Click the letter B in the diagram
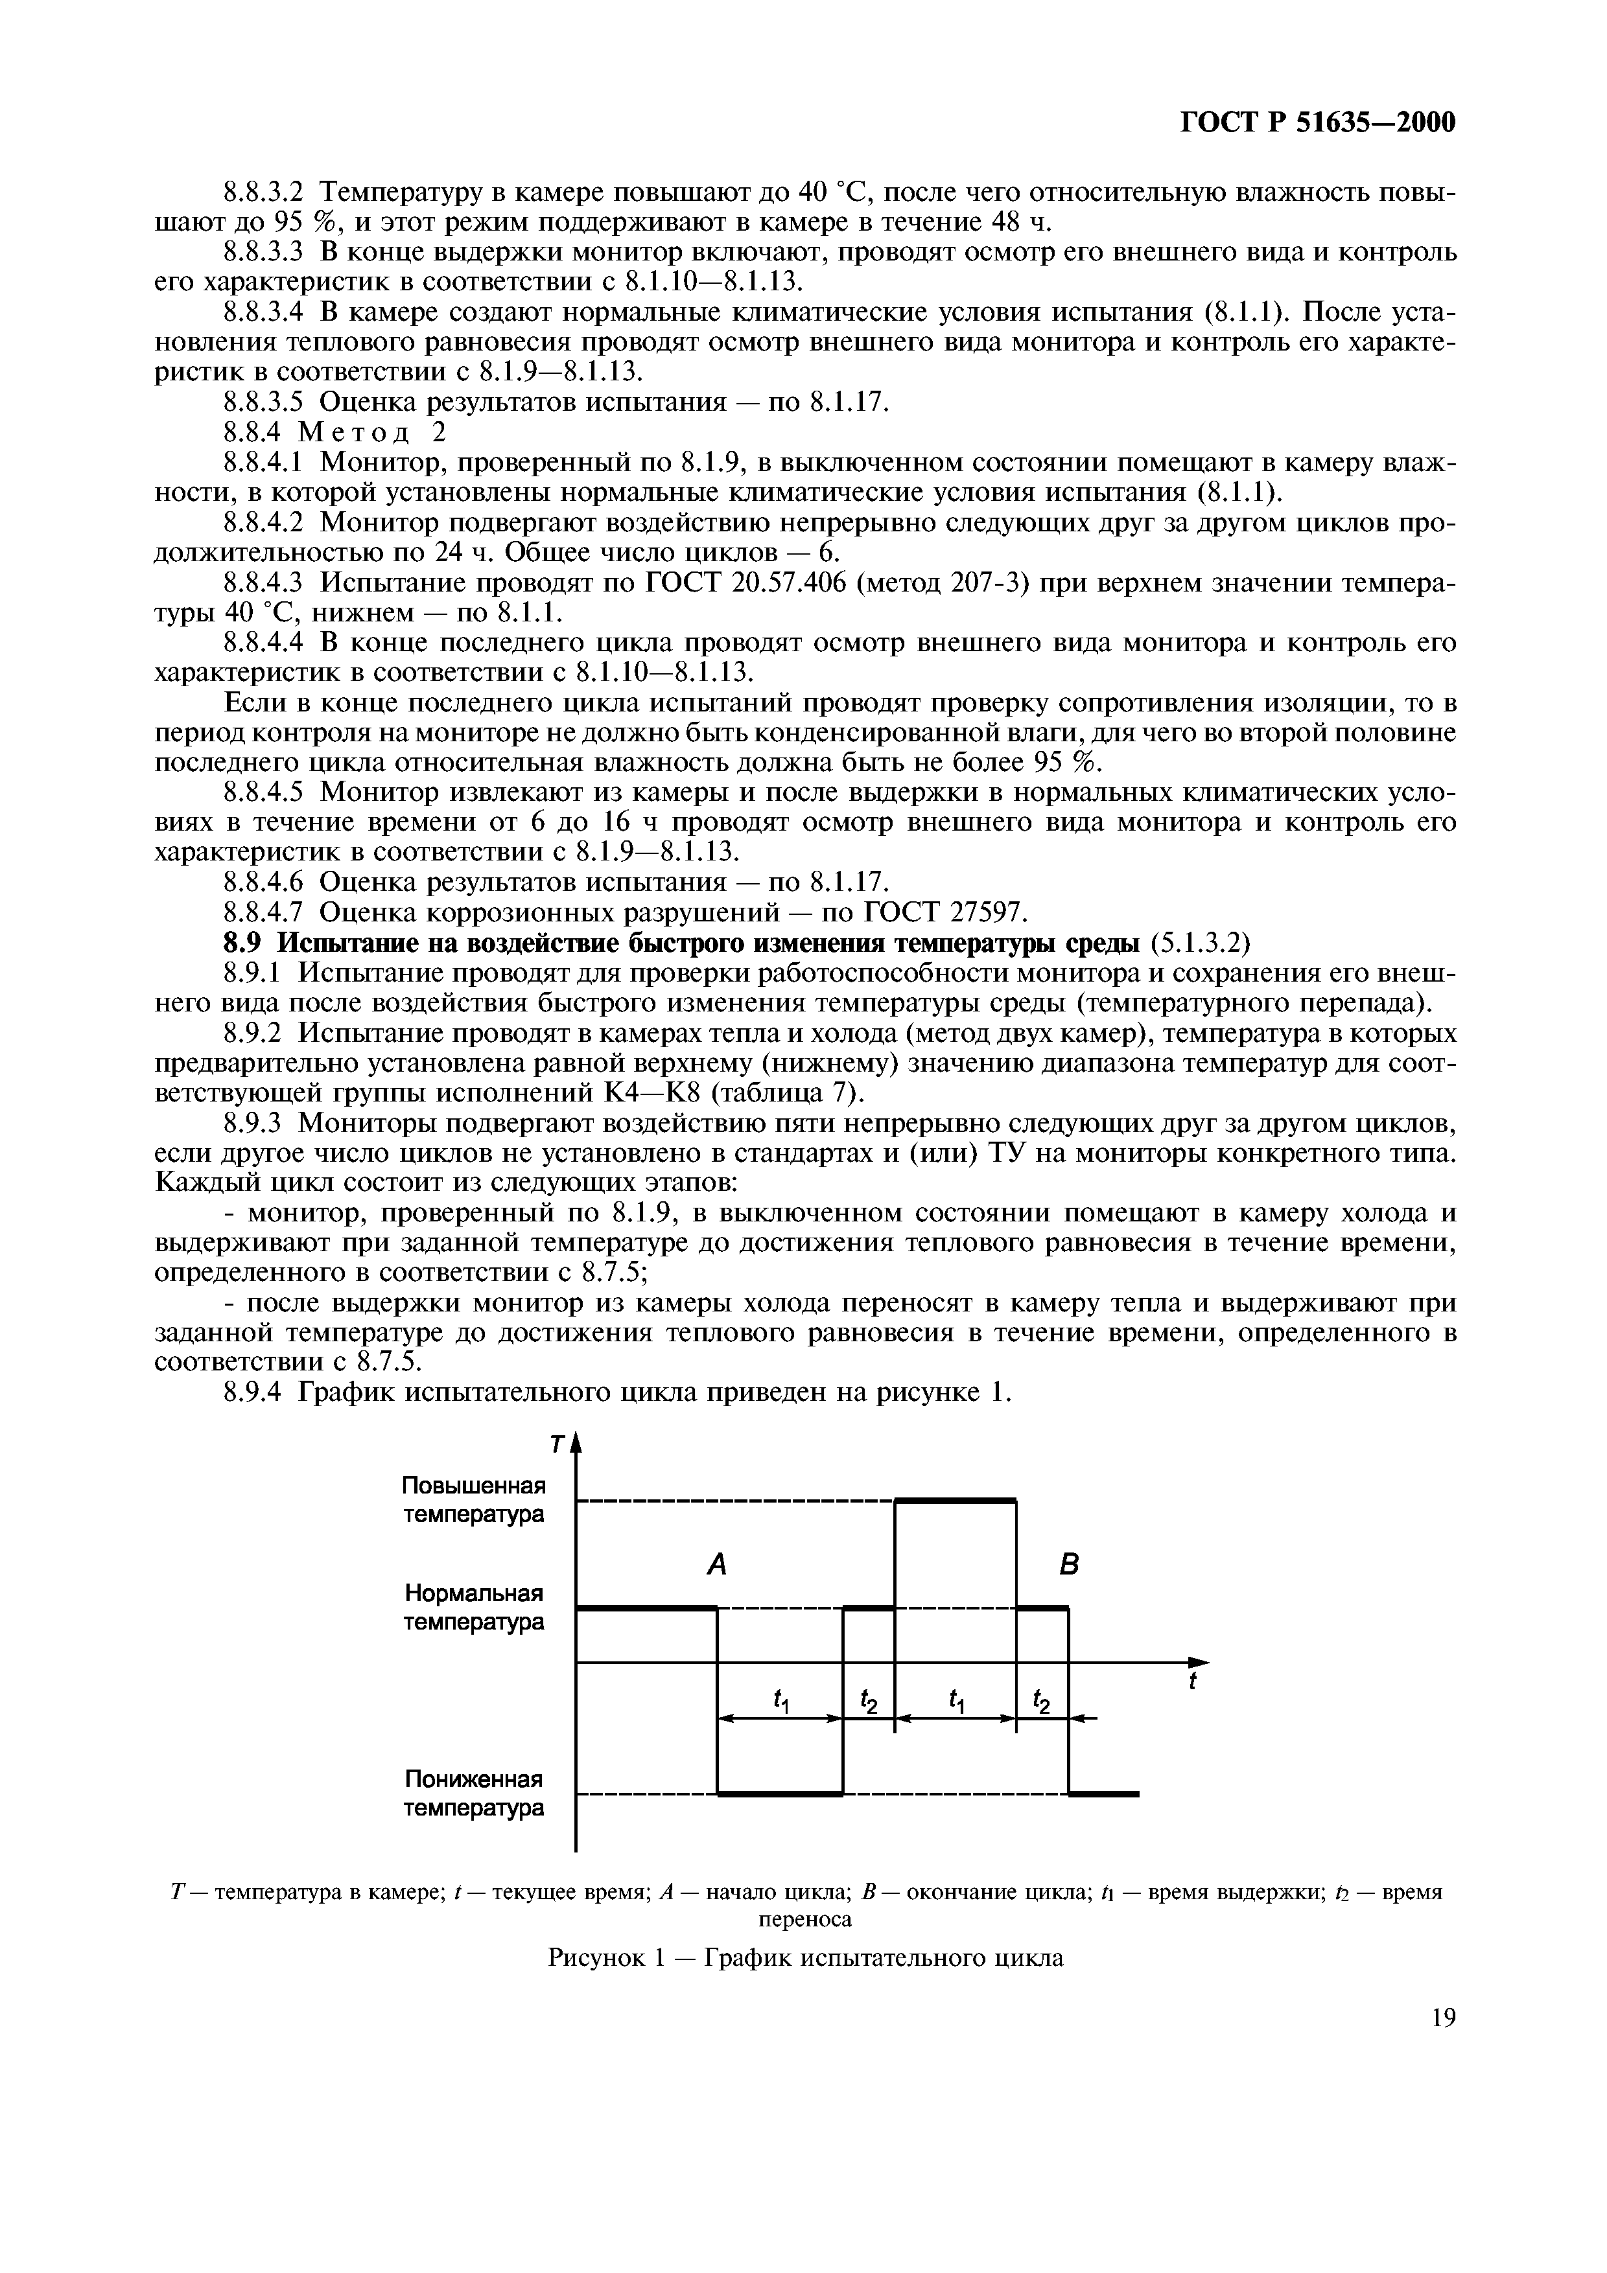pos(1068,1565)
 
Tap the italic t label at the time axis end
pos(1193,1682)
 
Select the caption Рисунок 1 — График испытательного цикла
pos(805,1957)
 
